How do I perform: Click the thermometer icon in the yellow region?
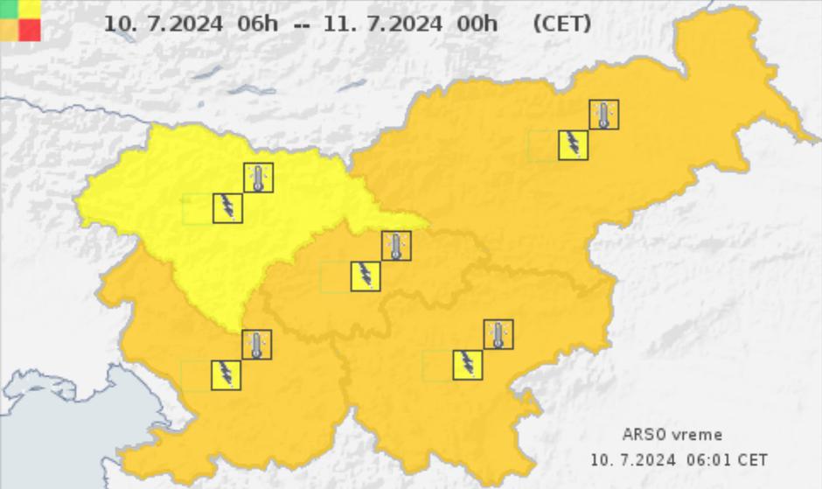point(258,178)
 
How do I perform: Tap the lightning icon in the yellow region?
point(228,208)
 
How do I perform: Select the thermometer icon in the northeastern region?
point(603,115)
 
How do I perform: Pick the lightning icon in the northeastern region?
point(573,145)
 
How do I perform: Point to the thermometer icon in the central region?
point(396,246)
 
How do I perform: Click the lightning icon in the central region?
point(366,276)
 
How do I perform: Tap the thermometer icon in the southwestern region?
point(256,344)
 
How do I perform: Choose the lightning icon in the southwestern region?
point(226,374)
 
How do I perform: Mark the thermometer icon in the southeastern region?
point(498,334)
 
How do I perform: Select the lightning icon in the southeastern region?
point(468,365)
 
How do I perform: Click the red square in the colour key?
point(30,30)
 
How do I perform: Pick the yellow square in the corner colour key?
point(30,9)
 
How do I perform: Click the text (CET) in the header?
point(561,24)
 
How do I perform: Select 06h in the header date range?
point(257,24)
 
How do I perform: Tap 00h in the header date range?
point(477,24)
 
